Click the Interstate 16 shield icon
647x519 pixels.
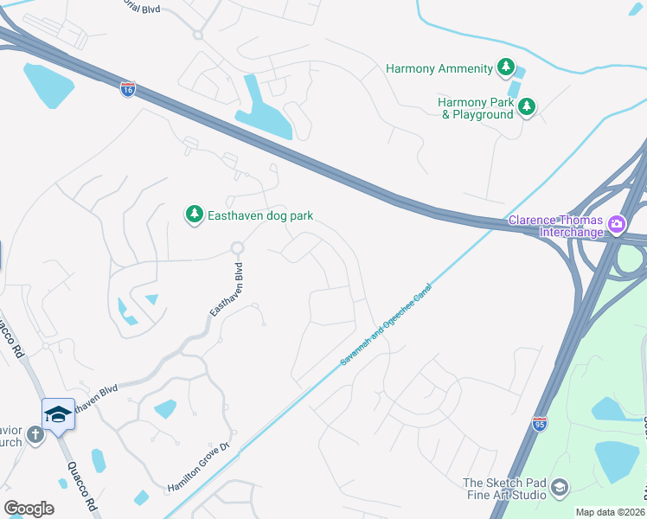coord(127,89)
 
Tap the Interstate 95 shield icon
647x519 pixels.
coord(539,423)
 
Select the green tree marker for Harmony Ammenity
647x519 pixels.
coord(506,67)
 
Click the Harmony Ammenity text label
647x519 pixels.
coord(439,67)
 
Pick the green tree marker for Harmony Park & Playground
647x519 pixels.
coord(526,107)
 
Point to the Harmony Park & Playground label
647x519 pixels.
coord(475,108)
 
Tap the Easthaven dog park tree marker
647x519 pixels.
coord(195,215)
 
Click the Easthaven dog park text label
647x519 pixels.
coord(260,215)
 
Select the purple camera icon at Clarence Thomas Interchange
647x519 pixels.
coord(617,225)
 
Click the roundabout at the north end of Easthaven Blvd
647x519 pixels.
coord(236,248)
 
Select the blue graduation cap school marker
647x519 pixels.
coord(58,414)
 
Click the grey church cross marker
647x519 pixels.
coord(35,434)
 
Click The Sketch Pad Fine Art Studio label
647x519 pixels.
coord(504,489)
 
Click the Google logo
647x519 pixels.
coord(29,509)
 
